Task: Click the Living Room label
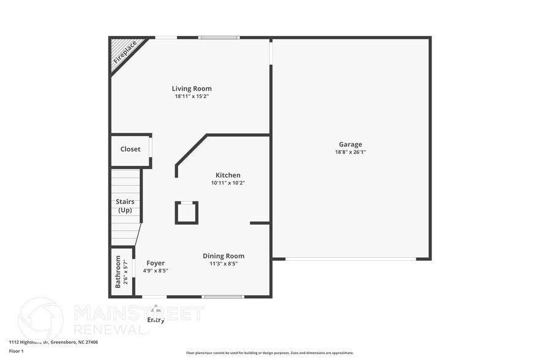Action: tap(192, 89)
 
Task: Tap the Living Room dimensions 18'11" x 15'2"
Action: tap(192, 97)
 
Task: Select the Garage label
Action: tap(350, 144)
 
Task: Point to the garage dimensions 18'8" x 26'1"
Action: tap(350, 152)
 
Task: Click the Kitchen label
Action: tap(228, 175)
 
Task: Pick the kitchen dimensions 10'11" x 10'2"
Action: tap(228, 183)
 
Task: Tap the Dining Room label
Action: tap(223, 256)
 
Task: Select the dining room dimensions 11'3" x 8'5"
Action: tap(223, 264)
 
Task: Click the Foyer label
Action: tap(156, 263)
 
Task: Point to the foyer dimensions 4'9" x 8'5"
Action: tap(156, 271)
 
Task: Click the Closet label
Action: tap(130, 149)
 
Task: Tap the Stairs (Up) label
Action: tap(125, 206)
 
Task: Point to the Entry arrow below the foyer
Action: tap(156, 309)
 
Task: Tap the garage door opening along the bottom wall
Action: tap(351, 259)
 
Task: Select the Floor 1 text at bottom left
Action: tap(17, 351)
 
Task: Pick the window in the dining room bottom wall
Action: tap(223, 297)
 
